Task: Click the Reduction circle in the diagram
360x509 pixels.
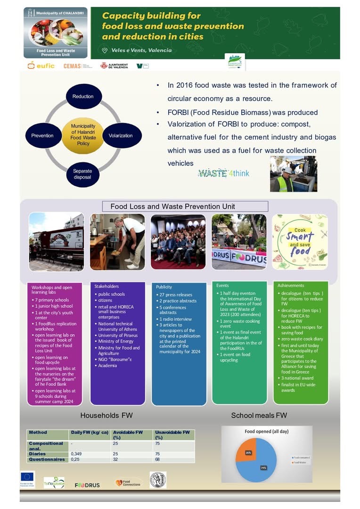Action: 83,97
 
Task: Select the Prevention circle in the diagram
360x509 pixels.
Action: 42,136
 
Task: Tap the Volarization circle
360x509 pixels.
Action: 121,136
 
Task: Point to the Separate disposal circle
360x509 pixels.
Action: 82,174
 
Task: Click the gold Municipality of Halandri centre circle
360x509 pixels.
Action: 83,135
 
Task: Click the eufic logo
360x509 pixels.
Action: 41,66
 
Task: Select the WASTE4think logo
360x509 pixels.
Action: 223,173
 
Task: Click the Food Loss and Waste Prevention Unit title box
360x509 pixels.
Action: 186,206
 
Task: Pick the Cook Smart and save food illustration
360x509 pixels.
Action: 300,242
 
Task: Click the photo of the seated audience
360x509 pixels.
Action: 178,242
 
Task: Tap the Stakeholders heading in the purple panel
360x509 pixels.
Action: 106,286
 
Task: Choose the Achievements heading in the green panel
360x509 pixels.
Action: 291,286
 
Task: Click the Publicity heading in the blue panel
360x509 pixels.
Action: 164,287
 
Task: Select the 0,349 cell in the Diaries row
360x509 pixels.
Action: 76,454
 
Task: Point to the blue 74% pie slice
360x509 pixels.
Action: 262,464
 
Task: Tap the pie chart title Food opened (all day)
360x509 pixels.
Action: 266,431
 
